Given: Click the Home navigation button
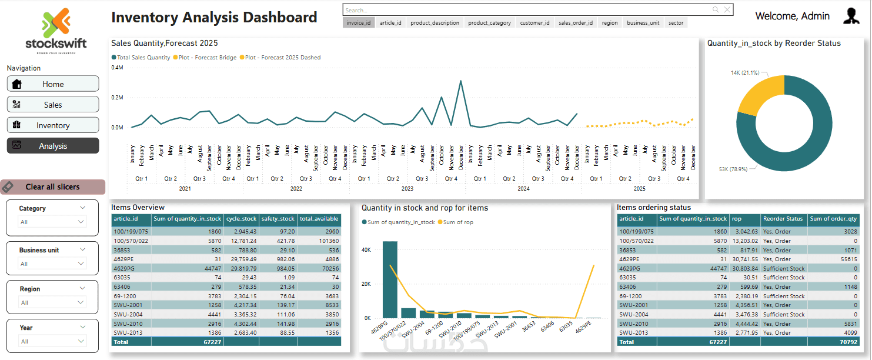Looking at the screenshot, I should (x=53, y=84).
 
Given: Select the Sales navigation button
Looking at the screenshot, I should (x=53, y=105).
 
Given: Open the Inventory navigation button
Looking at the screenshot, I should (x=53, y=125).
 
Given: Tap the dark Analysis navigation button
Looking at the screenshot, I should (x=53, y=146).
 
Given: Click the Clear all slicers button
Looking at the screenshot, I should (x=53, y=187).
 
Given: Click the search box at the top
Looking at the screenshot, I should (x=526, y=10).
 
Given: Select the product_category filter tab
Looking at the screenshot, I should (x=490, y=23).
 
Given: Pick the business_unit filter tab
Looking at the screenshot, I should (x=643, y=23).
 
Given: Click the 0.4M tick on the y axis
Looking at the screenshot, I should (x=117, y=68).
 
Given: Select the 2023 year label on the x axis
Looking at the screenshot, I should (x=407, y=189).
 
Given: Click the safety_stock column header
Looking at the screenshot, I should (x=278, y=219).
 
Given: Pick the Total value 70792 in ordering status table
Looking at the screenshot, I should (x=847, y=342).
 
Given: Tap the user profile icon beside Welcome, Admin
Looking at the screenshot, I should (x=851, y=16).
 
